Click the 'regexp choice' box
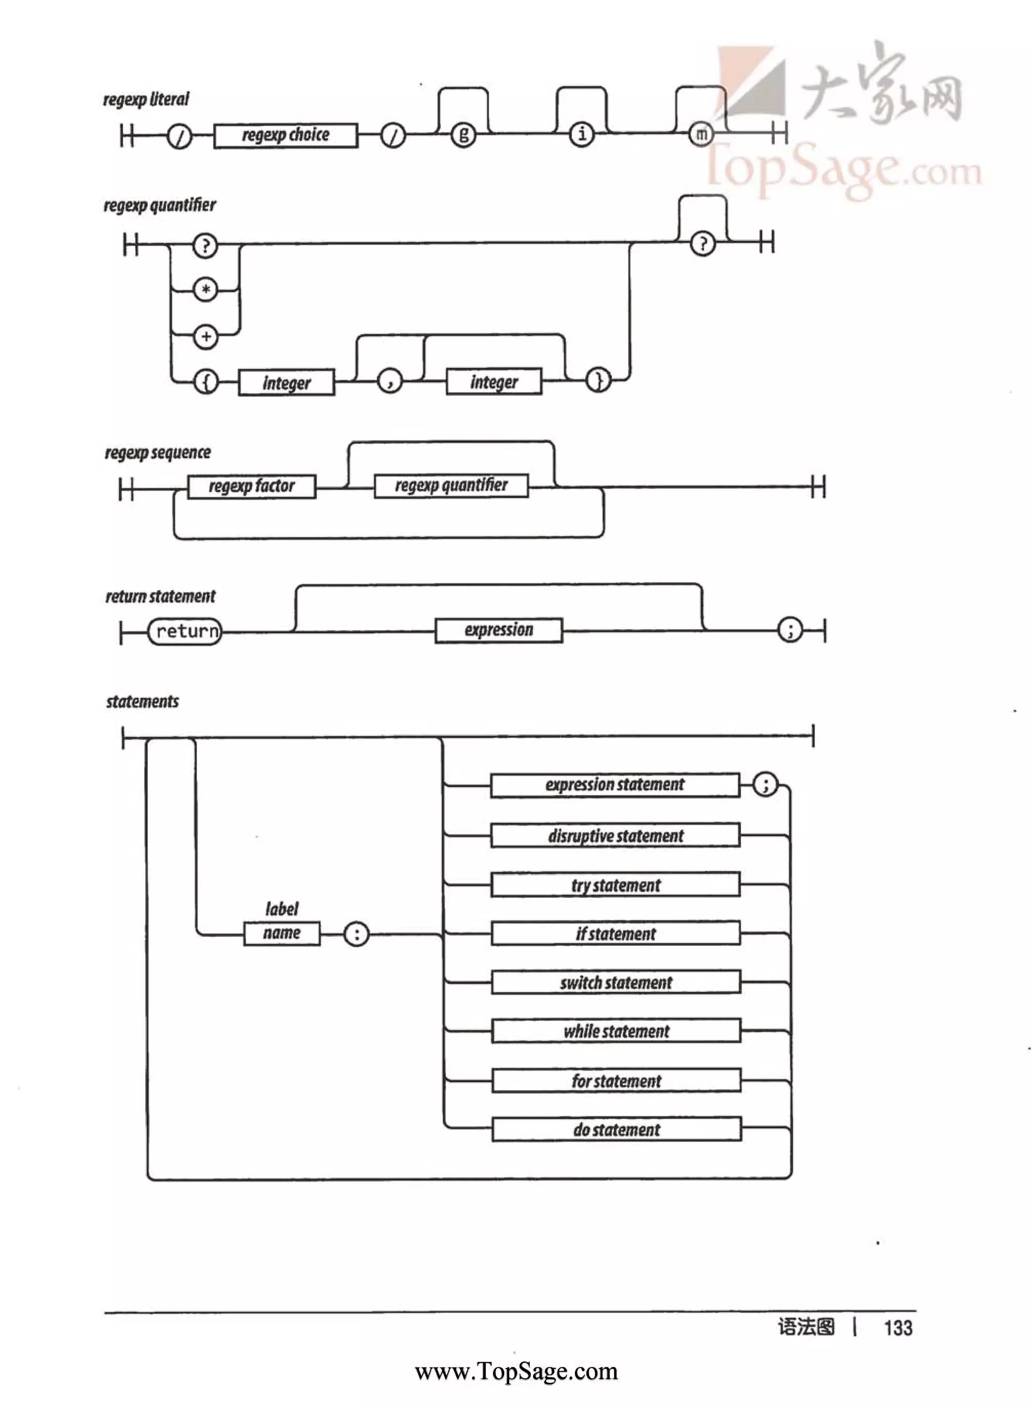[286, 136]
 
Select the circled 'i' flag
[582, 134]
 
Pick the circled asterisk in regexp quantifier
[206, 290]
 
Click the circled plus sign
[206, 337]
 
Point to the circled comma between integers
[390, 381]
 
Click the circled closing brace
[598, 380]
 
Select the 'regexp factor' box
[251, 486]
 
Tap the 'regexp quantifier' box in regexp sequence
[451, 485]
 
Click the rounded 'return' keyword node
[185, 632]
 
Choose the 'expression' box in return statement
[498, 630]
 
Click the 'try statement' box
[615, 885]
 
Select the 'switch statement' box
[616, 983]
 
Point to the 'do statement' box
[616, 1130]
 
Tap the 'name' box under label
[281, 933]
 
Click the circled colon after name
[357, 935]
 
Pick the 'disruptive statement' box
[615, 836]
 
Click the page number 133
[898, 1328]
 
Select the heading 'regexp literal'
[146, 99]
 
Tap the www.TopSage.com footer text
[516, 1372]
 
